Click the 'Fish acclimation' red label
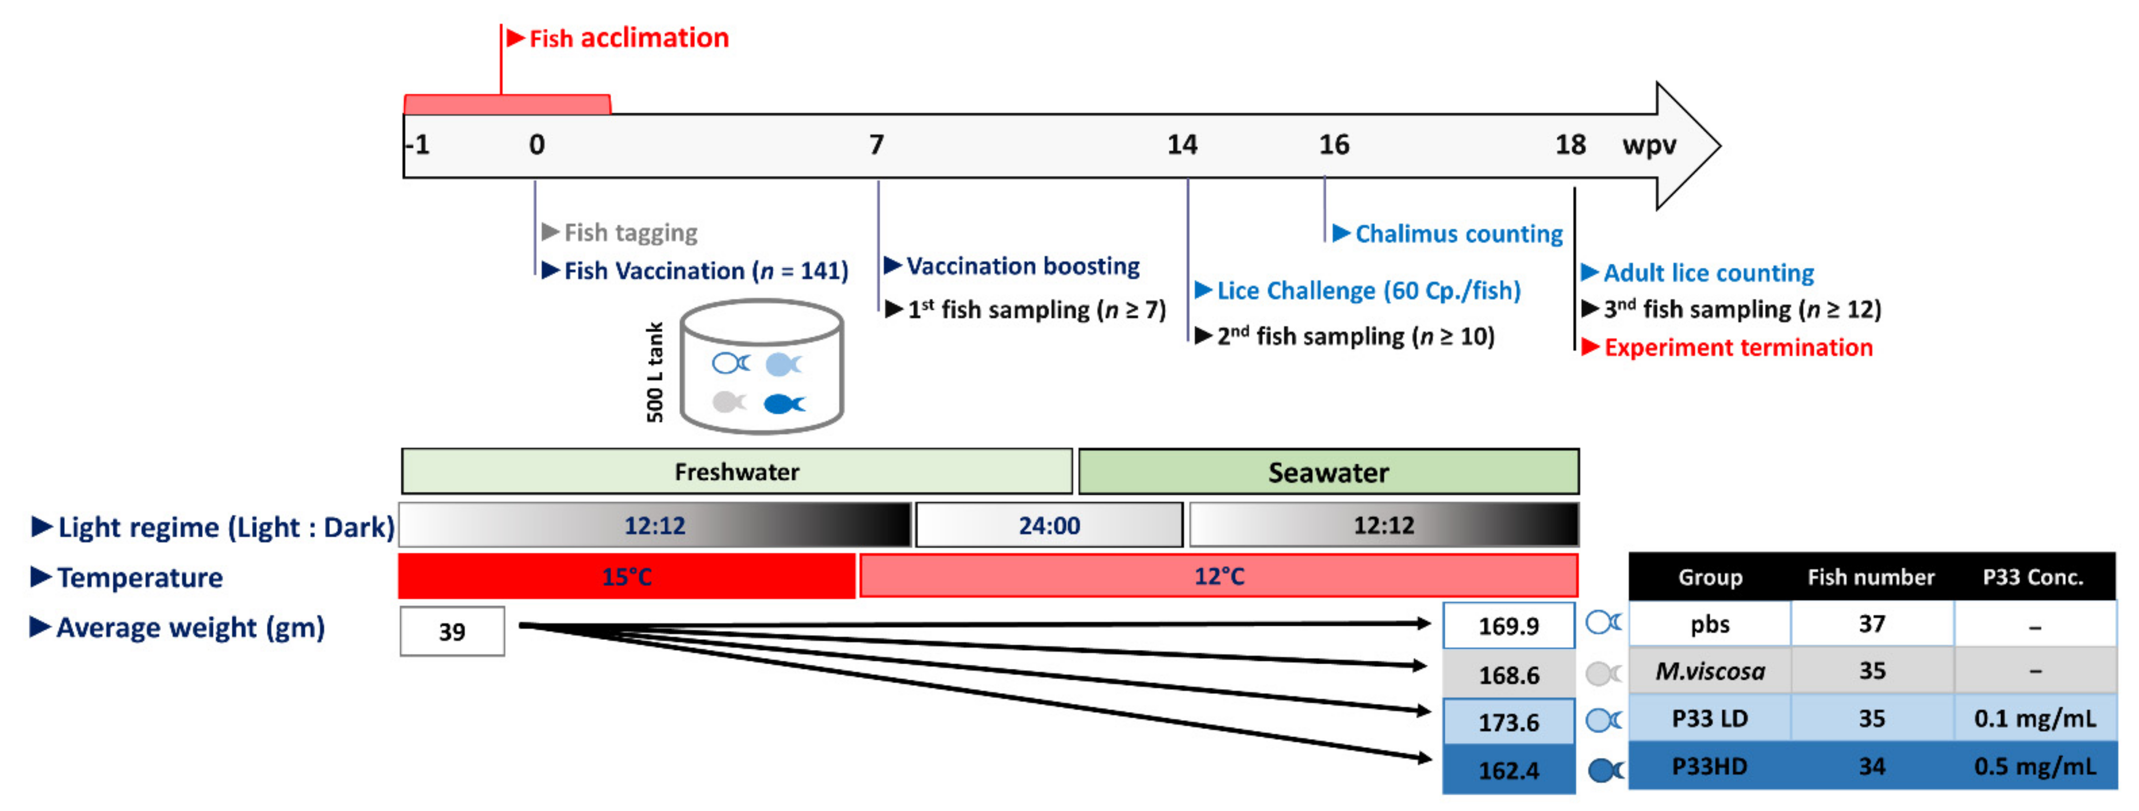[629, 38]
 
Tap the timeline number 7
[876, 145]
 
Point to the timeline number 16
[1333, 145]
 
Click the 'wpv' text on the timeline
[1648, 145]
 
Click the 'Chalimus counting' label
[1458, 234]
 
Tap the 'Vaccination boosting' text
[1022, 267]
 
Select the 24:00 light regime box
[1049, 525]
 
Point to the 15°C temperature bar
[627, 576]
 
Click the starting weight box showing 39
[452, 632]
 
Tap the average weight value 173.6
[1508, 722]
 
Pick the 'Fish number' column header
[1871, 577]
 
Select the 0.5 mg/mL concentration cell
[2034, 766]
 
